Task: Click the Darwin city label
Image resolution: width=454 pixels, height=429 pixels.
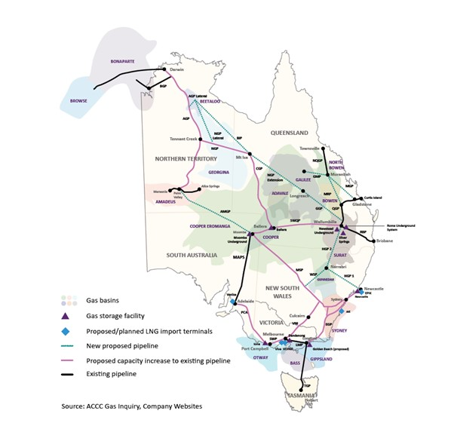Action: point(177,69)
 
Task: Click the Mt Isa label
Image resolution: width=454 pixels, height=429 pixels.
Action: point(242,158)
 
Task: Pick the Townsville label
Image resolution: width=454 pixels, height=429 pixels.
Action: point(310,149)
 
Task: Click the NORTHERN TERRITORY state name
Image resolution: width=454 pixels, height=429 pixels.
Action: point(186,159)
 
